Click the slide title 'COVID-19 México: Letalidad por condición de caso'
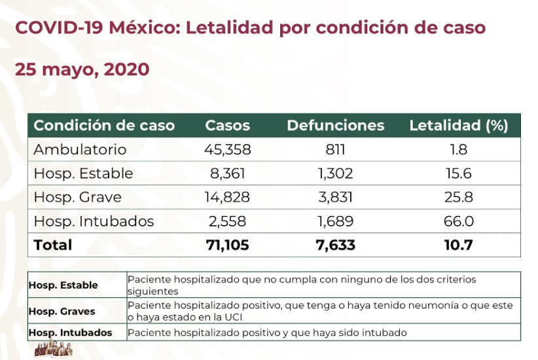pos(250,28)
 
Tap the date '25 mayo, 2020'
pos(82,69)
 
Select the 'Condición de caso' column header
pos(104,125)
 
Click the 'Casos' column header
pos(227,125)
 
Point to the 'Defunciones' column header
pos(335,125)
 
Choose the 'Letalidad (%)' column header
pos(458,125)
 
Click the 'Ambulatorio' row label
pos(80,149)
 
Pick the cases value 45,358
pos(227,149)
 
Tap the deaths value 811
pos(335,149)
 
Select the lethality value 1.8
pos(458,149)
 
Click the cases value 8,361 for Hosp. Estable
pos(227,173)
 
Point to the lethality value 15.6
pos(458,173)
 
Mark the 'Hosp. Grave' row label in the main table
pos(77,197)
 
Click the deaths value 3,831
pos(335,197)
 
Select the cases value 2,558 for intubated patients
pos(227,221)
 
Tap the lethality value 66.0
pos(458,221)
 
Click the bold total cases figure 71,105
pos(227,245)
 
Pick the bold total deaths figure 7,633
pos(335,245)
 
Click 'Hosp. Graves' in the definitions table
pos(62,312)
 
